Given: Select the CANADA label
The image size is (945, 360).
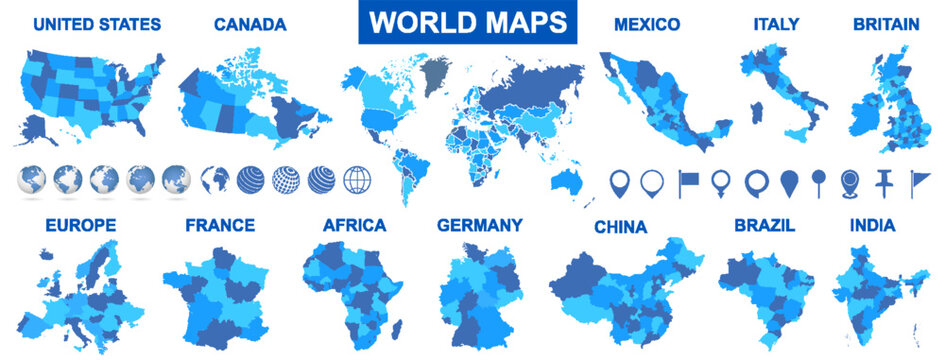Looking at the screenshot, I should click(250, 24).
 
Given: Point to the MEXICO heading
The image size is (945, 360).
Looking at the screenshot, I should click(647, 24).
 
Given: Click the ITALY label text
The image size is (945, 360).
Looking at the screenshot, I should click(777, 24).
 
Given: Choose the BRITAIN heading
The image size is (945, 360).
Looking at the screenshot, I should click(886, 24).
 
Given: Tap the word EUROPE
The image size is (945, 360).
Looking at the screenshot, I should click(81, 225).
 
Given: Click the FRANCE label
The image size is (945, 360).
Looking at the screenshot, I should click(220, 225).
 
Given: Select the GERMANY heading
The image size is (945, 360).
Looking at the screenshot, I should click(480, 225).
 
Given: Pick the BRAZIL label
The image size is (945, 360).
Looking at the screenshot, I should click(765, 226).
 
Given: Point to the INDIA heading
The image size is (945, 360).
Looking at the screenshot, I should click(873, 226).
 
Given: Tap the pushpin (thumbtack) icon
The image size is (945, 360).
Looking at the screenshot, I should click(883, 182).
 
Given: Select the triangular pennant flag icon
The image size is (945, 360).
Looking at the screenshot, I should click(917, 182).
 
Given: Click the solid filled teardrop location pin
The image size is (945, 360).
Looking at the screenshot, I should click(789, 182).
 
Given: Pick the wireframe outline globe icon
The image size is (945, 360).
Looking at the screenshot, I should click(357, 180).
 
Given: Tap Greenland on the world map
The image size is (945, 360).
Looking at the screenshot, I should click(436, 72).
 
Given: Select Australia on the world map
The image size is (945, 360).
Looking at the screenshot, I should click(571, 181).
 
